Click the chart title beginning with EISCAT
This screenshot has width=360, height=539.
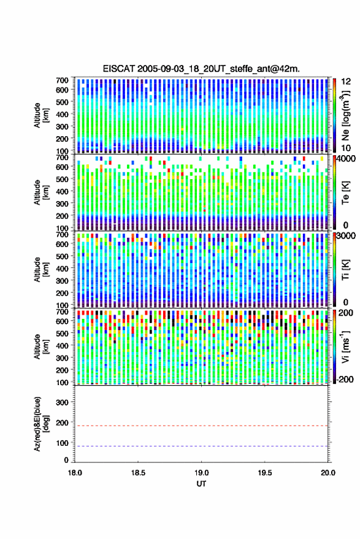pyautogui.click(x=201, y=69)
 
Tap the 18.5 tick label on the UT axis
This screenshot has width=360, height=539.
pyautogui.click(x=138, y=473)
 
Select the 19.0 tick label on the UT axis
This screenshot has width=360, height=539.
pyautogui.click(x=201, y=473)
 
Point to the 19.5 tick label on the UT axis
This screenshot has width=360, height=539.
pyautogui.click(x=264, y=473)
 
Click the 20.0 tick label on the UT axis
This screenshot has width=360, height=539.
pyautogui.click(x=327, y=473)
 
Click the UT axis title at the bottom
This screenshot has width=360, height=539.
pyautogui.click(x=201, y=484)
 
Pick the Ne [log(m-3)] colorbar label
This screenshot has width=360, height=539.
pyautogui.click(x=346, y=115)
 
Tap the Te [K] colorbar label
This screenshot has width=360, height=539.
pyautogui.click(x=345, y=193)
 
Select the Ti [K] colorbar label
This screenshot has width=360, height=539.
pyautogui.click(x=345, y=270)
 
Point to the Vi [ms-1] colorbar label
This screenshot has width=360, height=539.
pyautogui.click(x=345, y=346)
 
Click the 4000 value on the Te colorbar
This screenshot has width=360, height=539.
pyautogui.click(x=346, y=159)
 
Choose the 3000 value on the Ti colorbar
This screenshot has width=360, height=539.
pyautogui.click(x=346, y=236)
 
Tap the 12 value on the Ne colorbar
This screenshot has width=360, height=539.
pyautogui.click(x=346, y=82)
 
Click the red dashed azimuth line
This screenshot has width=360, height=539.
pyautogui.click(x=201, y=426)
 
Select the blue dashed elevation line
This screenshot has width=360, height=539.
pyautogui.click(x=201, y=446)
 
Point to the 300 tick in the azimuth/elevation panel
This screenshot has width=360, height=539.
pyautogui.click(x=62, y=402)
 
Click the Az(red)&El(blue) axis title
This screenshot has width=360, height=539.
pyautogui.click(x=41, y=424)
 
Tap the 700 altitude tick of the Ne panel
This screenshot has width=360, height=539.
pyautogui.click(x=62, y=80)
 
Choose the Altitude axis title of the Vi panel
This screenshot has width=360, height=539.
pyautogui.click(x=41, y=346)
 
